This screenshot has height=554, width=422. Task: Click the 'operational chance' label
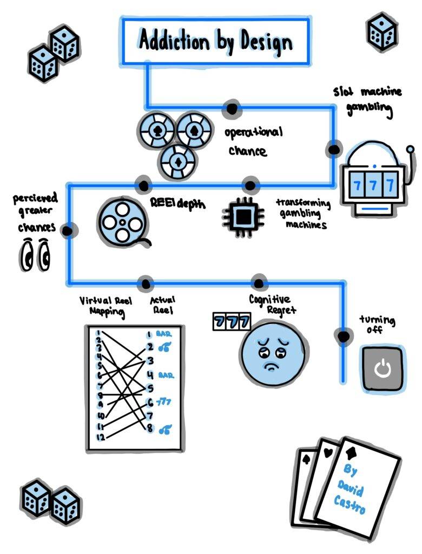pos(252,141)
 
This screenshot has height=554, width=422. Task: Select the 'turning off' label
pos(377,324)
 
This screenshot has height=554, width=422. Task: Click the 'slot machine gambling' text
pos(368,100)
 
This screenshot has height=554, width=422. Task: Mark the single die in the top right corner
pos(383,30)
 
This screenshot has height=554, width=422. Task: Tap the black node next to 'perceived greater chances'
pos(68,231)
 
